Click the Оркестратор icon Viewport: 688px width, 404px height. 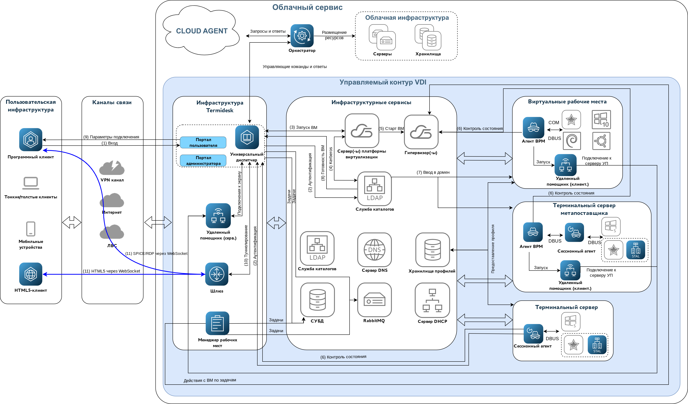pyautogui.click(x=302, y=36)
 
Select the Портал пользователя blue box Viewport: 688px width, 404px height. pyautogui.click(x=203, y=142)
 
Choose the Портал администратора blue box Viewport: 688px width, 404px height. pyautogui.click(x=203, y=160)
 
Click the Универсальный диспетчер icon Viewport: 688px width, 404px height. pyautogui.click(x=247, y=137)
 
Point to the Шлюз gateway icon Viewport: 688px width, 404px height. pyautogui.click(x=217, y=274)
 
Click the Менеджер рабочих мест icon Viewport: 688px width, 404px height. pyautogui.click(x=217, y=323)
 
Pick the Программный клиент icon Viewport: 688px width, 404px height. pyautogui.click(x=31, y=140)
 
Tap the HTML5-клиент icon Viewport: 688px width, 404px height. pyautogui.click(x=31, y=274)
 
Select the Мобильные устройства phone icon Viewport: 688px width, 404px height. pyautogui.click(x=31, y=229)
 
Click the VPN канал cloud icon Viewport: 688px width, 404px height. pyautogui.click(x=112, y=168)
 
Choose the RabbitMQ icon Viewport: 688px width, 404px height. pyautogui.click(x=374, y=300)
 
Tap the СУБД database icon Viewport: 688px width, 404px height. pyautogui.click(x=317, y=300)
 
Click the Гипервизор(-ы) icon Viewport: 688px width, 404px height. pyautogui.click(x=421, y=132)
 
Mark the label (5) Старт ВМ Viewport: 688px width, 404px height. pyautogui.click(x=391, y=129)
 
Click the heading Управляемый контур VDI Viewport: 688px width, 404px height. pyautogui.click(x=383, y=82)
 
